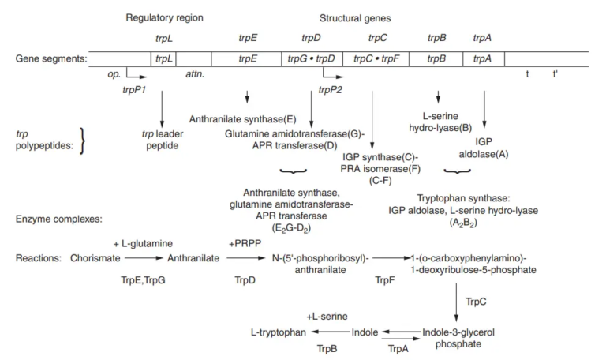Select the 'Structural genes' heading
[357, 17]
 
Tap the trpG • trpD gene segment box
[312, 58]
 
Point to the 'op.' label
[114, 73]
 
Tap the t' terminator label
[555, 73]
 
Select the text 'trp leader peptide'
[162, 140]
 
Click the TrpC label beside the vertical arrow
[476, 301]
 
